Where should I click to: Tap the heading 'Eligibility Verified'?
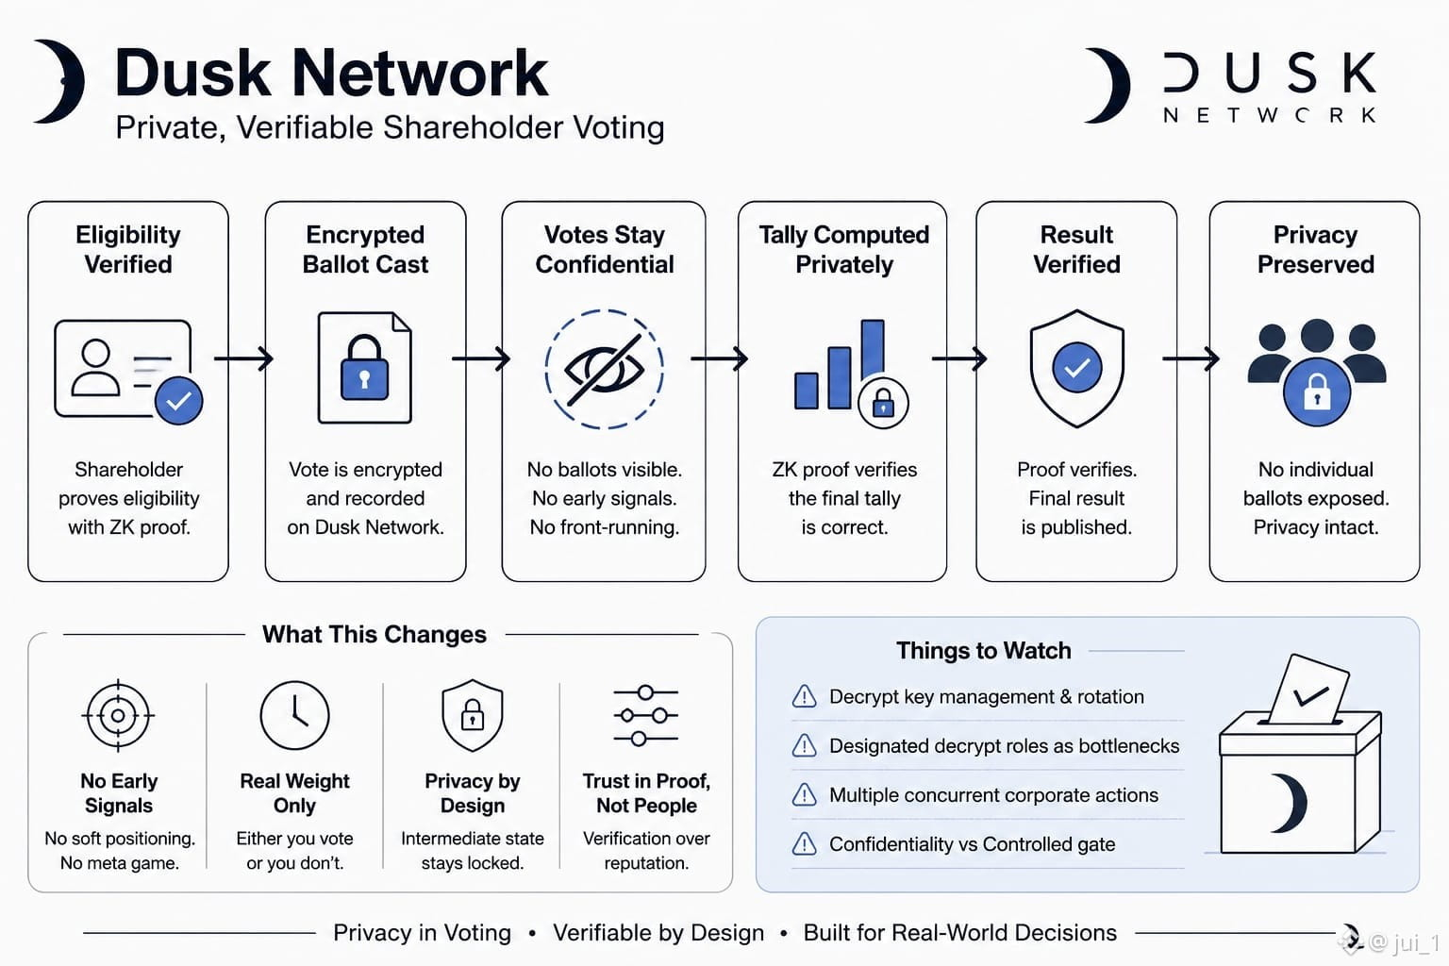click(128, 249)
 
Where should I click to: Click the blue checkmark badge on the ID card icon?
click(178, 401)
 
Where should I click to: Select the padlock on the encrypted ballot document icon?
click(364, 368)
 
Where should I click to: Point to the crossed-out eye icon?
click(604, 369)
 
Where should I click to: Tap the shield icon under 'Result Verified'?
click(1076, 368)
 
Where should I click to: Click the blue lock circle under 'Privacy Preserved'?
click(1317, 392)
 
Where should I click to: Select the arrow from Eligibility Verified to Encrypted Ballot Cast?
click(244, 358)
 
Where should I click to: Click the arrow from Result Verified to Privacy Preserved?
click(1191, 358)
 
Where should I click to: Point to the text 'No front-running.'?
click(604, 527)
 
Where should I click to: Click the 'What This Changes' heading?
click(374, 634)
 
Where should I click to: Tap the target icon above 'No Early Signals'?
click(118, 716)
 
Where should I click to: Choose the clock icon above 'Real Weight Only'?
click(294, 715)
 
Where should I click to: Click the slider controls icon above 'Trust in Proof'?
click(645, 716)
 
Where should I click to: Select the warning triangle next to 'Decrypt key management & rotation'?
click(804, 696)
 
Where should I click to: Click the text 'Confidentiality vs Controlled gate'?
click(973, 844)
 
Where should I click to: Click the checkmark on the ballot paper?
click(1310, 696)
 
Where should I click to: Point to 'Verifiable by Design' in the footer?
click(658, 933)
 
